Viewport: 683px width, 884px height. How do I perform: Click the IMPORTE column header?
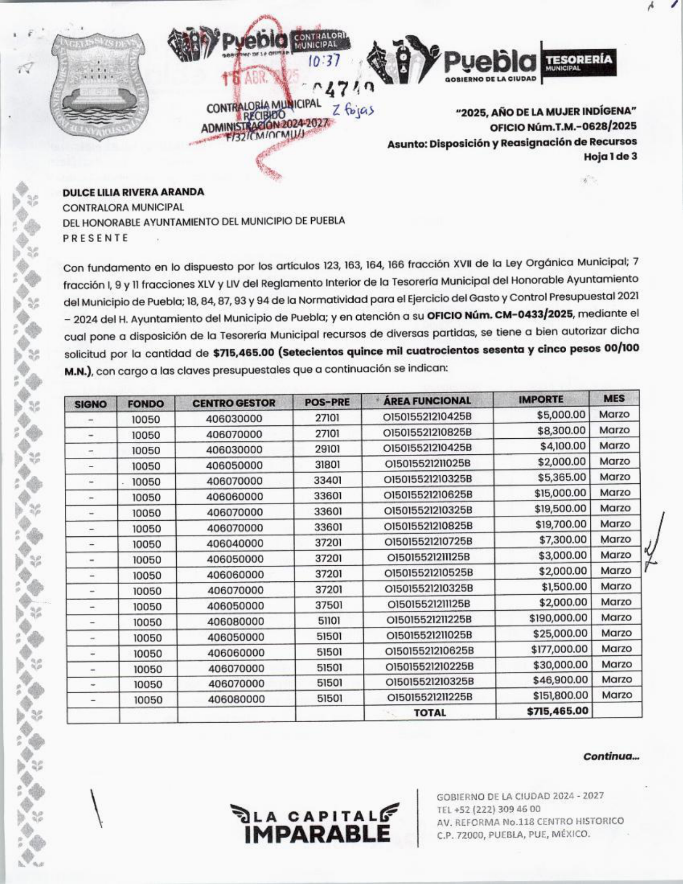point(541,399)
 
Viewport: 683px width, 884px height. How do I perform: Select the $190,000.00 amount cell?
point(558,618)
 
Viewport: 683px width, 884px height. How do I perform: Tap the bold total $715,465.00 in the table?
point(557,711)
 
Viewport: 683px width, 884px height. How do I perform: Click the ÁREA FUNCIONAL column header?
point(427,401)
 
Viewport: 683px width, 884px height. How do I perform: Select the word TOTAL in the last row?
point(429,713)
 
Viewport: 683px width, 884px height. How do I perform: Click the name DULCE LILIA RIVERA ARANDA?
point(133,192)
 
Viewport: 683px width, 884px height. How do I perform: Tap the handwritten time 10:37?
point(324,62)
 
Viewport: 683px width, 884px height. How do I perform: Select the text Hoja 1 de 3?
point(610,157)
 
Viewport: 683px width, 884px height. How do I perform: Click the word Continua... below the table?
point(611,756)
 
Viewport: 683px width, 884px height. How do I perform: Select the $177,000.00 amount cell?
point(559,649)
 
